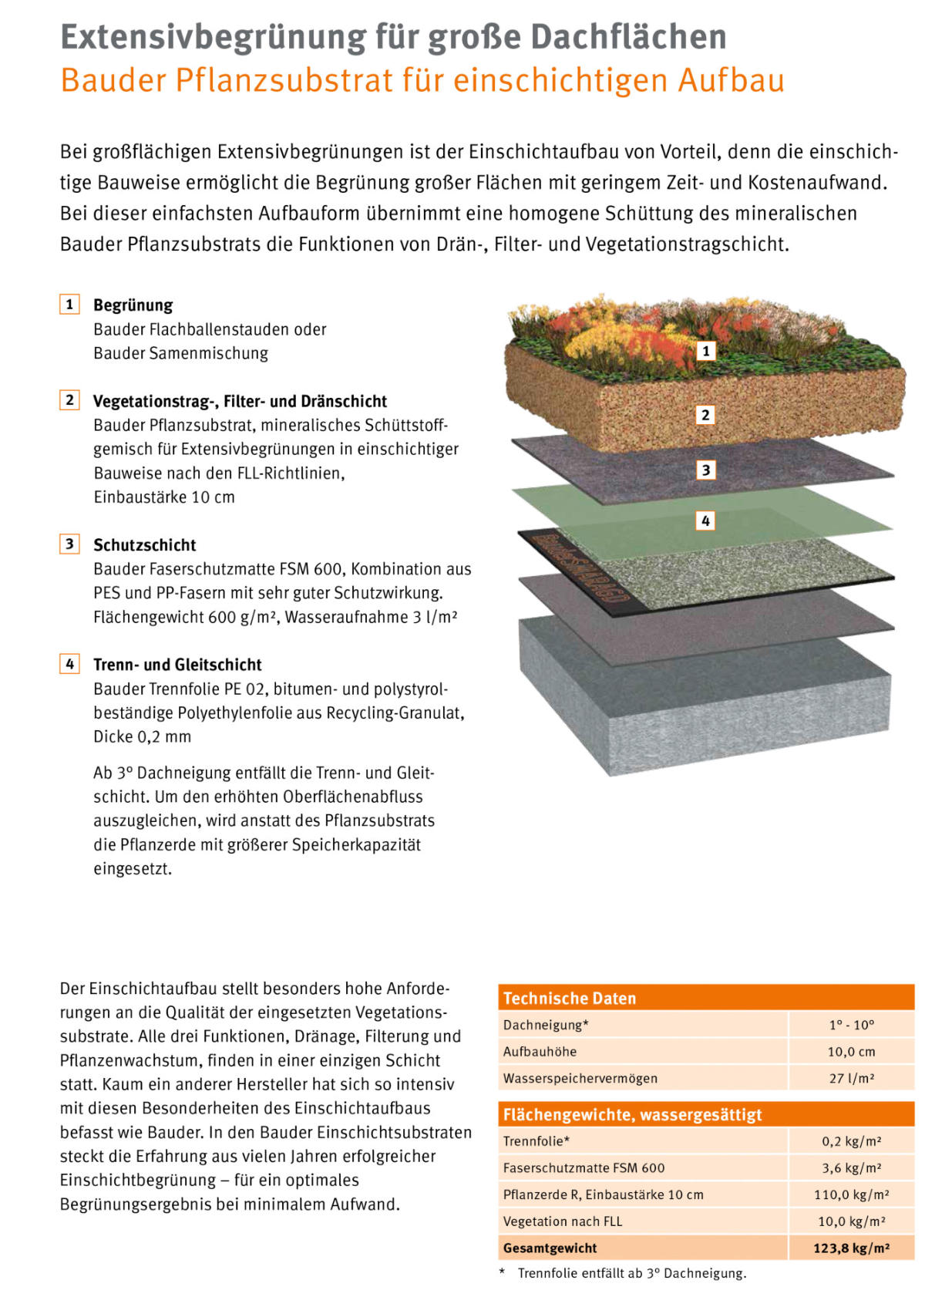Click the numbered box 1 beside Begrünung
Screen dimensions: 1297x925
[x=69, y=305]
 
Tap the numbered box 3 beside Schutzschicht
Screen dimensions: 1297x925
[x=69, y=544]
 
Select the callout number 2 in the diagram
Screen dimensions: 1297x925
[x=705, y=415]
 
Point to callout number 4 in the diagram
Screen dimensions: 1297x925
[x=705, y=520]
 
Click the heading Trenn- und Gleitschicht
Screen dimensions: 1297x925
[x=177, y=665]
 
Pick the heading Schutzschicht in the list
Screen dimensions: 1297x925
[x=145, y=545]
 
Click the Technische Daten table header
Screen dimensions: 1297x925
[x=570, y=999]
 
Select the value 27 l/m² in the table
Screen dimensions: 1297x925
[x=851, y=1078]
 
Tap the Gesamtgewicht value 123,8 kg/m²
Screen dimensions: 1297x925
[x=851, y=1248]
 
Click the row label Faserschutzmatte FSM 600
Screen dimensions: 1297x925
[x=584, y=1167]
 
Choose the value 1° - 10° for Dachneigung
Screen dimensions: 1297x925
[x=851, y=1025]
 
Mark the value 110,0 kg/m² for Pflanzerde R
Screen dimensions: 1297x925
[x=851, y=1194]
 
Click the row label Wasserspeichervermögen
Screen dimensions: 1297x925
[x=580, y=1078]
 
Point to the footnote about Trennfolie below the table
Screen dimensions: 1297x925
[x=631, y=1273]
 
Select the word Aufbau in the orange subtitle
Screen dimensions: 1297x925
[x=731, y=80]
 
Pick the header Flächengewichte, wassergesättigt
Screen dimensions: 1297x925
[x=632, y=1114]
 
